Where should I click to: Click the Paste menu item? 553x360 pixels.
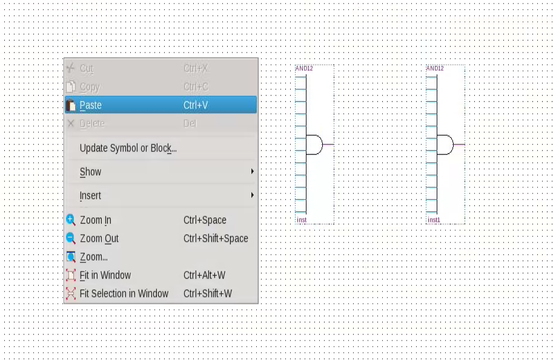[91, 105]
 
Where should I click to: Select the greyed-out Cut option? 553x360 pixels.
[87, 69]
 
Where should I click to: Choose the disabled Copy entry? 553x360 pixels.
[90, 87]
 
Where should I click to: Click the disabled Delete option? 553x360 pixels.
[92, 124]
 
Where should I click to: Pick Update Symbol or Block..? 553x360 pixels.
[128, 148]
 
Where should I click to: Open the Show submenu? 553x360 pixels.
[91, 172]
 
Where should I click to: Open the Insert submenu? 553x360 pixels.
[91, 196]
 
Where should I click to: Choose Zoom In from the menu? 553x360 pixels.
[96, 220]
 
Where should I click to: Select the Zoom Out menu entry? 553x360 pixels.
[99, 238]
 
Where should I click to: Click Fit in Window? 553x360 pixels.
[105, 275]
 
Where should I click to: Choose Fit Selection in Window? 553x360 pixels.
[124, 293]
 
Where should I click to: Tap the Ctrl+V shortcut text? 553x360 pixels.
[196, 105]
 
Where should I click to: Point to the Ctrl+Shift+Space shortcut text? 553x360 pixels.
[216, 238]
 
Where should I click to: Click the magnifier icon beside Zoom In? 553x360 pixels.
[71, 220]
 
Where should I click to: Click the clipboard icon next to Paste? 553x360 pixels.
[71, 105]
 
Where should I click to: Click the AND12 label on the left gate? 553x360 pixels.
[304, 68]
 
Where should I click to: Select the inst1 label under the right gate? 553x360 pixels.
[434, 220]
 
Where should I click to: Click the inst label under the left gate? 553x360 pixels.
[302, 220]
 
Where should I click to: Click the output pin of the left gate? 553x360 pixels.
[328, 145]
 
